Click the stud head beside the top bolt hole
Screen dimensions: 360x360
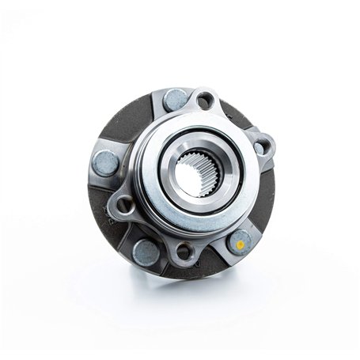point(176,100)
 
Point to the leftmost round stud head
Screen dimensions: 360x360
point(105,163)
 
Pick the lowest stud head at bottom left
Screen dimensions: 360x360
point(146,252)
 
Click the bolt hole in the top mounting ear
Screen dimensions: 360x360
point(205,100)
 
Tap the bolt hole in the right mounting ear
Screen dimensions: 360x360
point(260,147)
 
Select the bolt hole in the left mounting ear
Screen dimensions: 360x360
point(124,207)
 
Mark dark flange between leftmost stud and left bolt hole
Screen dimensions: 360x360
point(100,194)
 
